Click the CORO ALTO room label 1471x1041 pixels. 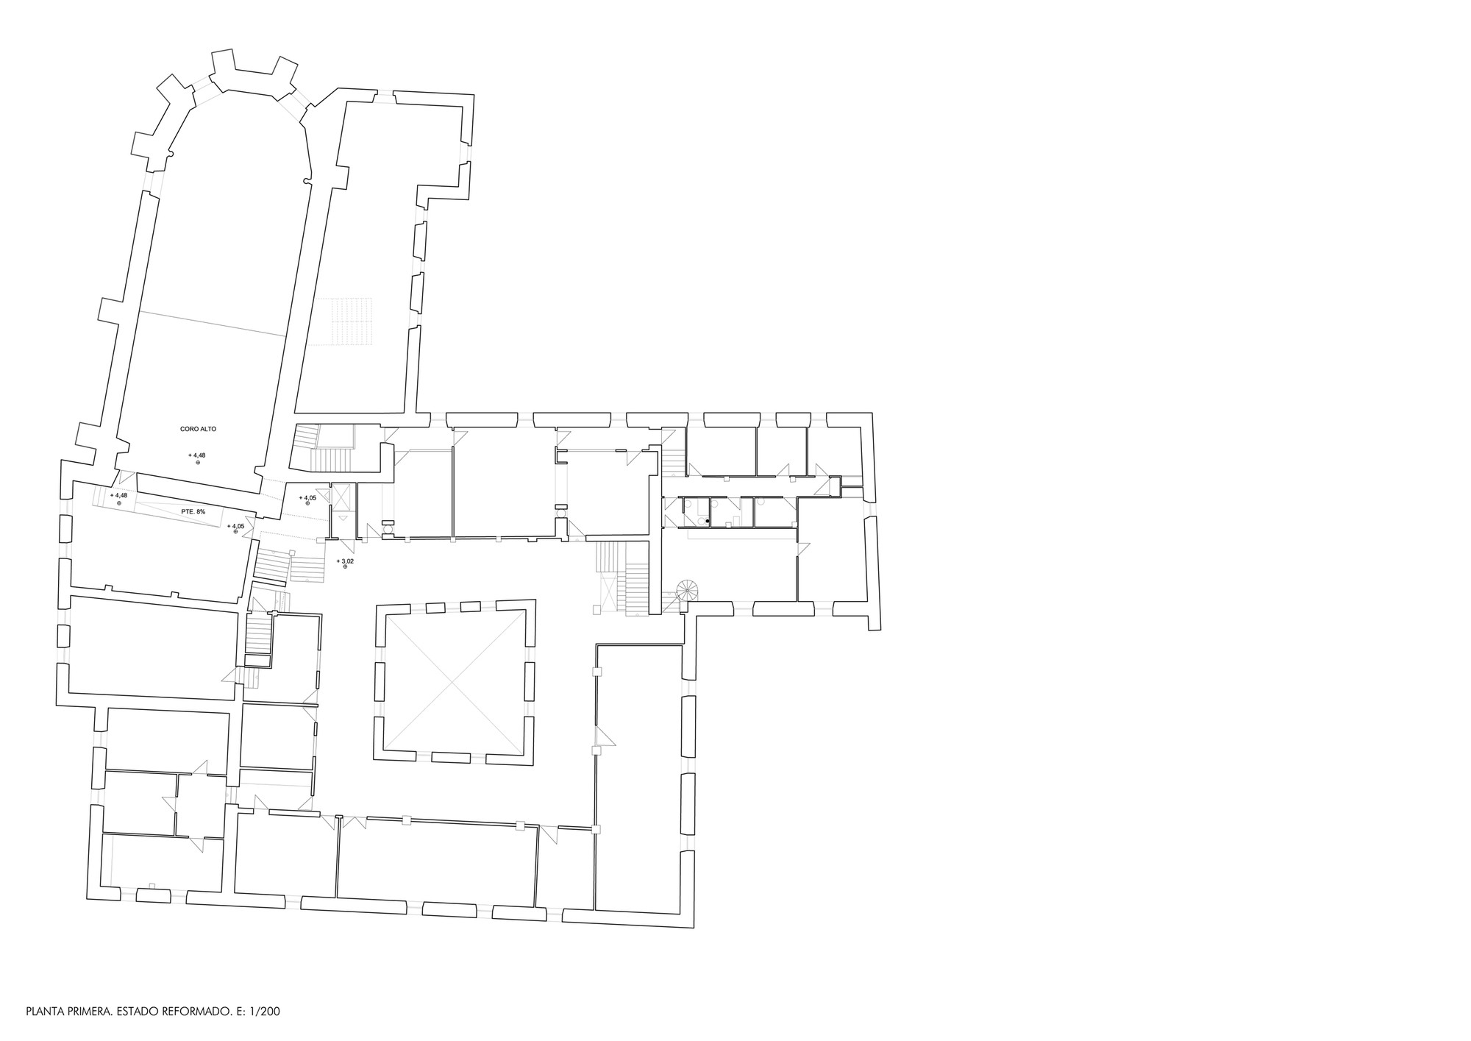pos(198,429)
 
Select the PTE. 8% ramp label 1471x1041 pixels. pos(193,511)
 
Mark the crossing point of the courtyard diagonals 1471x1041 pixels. pos(453,684)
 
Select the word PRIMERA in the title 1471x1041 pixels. pos(88,1012)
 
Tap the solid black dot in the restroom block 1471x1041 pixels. pos(708,522)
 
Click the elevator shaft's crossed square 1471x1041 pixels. pos(341,498)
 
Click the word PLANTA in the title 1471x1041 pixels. pos(43,1012)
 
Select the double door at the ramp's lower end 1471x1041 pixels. pos(249,527)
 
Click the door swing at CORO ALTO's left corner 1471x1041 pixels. pos(126,478)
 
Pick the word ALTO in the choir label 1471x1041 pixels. pos(208,429)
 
